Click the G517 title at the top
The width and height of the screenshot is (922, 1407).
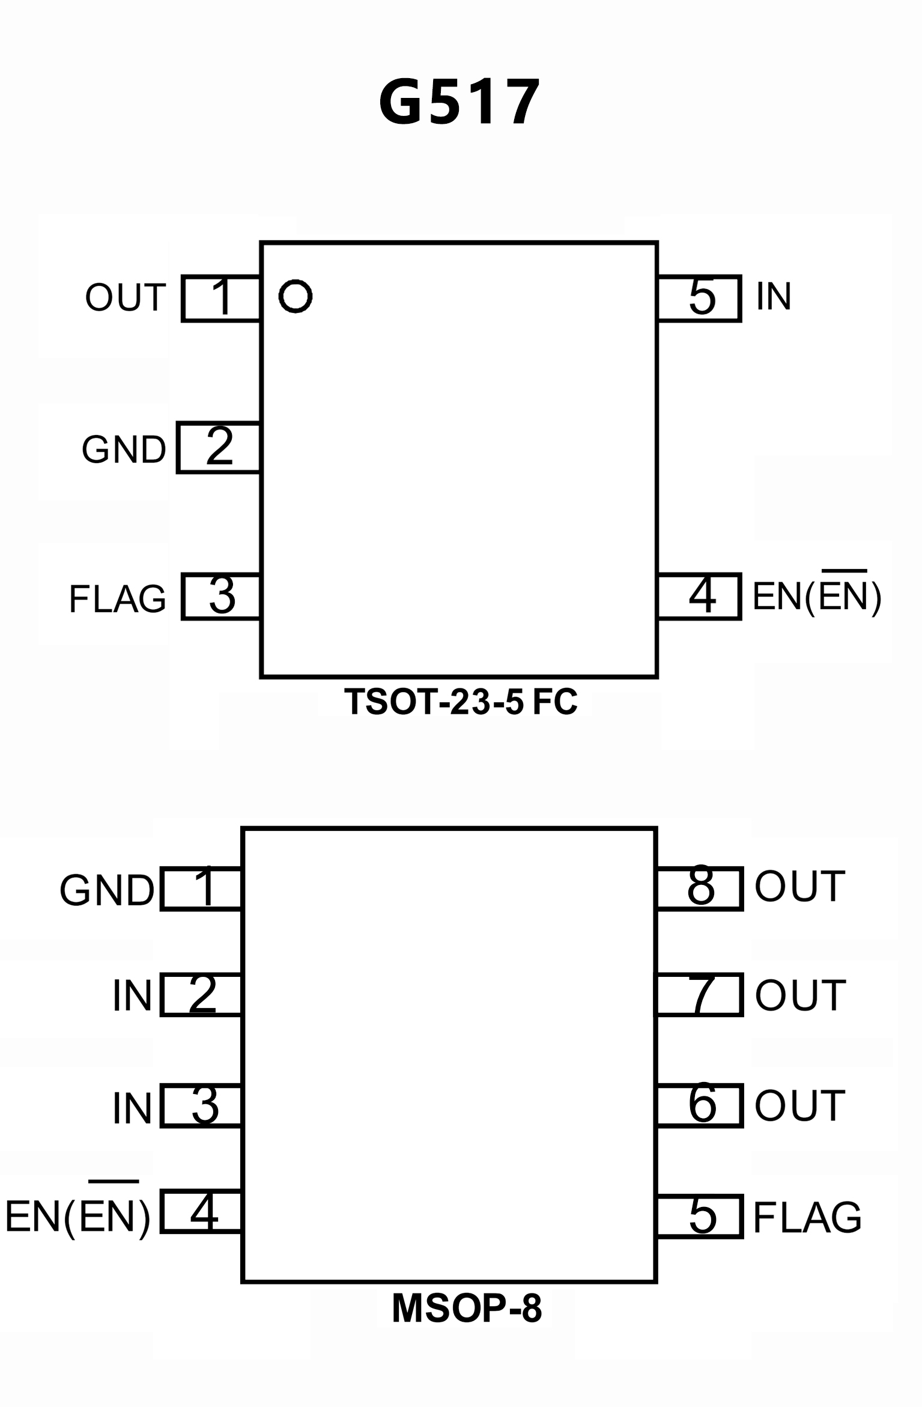(459, 103)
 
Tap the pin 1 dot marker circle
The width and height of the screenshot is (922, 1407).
(295, 296)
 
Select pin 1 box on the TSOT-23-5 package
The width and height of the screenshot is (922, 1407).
(221, 299)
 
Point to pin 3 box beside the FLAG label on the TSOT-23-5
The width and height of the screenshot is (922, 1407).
(221, 596)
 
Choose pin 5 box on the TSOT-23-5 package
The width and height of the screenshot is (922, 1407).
(700, 299)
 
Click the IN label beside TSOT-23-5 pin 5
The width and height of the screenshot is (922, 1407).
(774, 296)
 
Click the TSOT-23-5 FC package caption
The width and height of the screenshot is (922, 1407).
(461, 701)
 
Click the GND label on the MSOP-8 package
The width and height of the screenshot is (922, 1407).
(107, 890)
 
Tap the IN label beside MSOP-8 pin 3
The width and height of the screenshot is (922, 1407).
(132, 1108)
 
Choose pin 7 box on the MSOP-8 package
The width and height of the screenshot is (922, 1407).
(700, 995)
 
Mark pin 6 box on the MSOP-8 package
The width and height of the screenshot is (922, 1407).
(700, 1105)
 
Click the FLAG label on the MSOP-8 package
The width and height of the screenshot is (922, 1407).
(807, 1217)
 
